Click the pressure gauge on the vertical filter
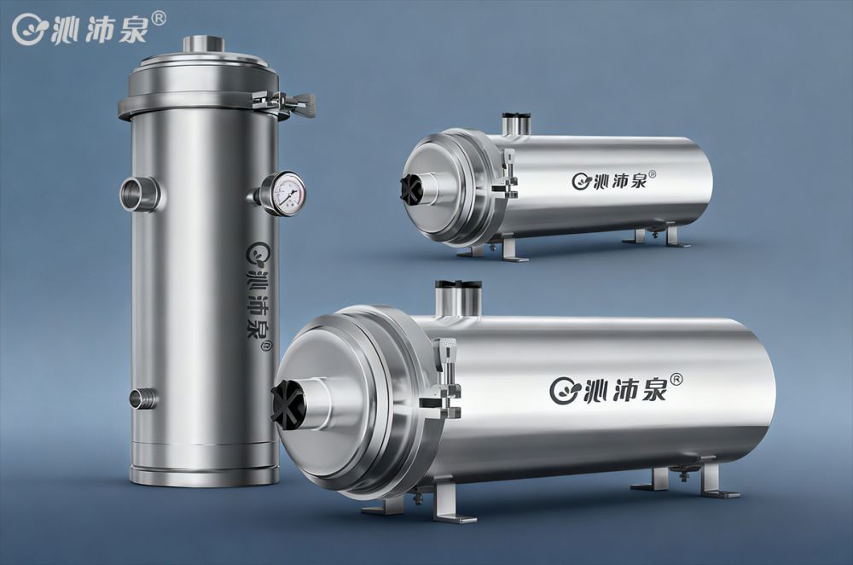pyautogui.click(x=286, y=194)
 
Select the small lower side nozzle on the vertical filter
pyautogui.click(x=143, y=399)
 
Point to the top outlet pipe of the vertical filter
pyautogui.click(x=203, y=44)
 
